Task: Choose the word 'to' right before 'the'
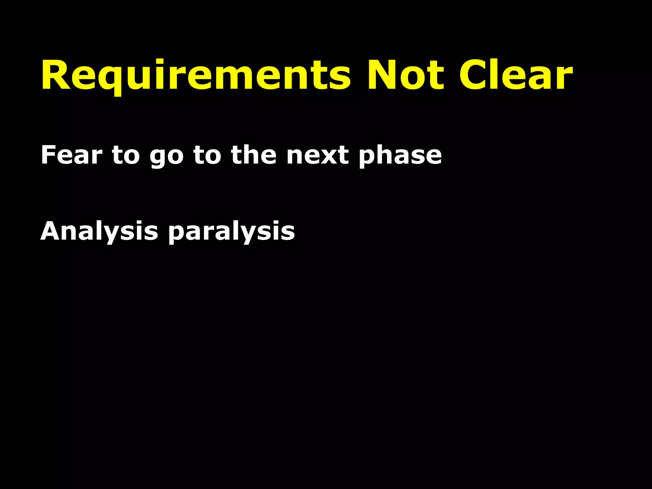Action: click(207, 155)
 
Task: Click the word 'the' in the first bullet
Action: click(253, 155)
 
